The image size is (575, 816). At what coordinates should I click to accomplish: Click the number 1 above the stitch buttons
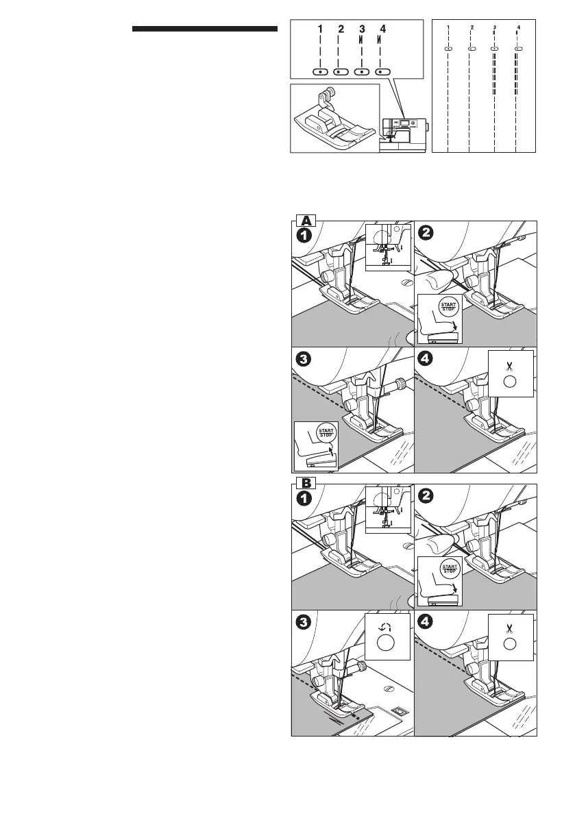pos(319,29)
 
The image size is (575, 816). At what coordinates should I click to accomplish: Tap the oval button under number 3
pos(361,71)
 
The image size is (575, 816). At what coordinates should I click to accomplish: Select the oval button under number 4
pos(382,71)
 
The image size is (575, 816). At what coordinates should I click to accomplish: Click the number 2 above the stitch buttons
pos(341,29)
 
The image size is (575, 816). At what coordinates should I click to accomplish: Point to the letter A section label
pos(306,220)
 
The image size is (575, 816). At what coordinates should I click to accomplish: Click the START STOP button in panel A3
pos(327,432)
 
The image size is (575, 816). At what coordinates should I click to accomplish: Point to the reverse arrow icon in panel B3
pos(384,626)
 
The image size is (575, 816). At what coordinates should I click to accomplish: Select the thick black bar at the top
pos(204,29)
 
